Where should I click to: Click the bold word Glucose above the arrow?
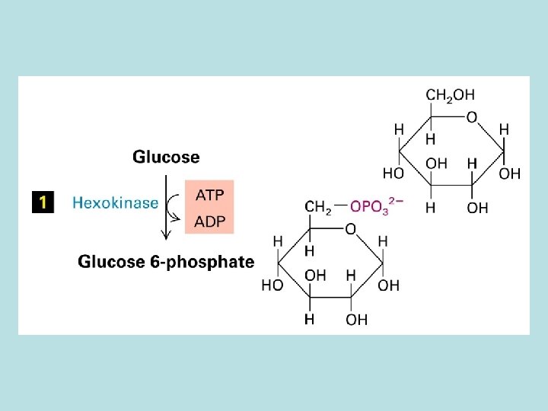click(x=166, y=158)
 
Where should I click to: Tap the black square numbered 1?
click(x=43, y=202)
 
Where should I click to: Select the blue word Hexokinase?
click(x=116, y=202)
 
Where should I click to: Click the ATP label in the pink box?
click(x=209, y=195)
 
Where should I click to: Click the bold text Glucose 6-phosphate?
click(x=166, y=262)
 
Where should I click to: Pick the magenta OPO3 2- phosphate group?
click(x=376, y=207)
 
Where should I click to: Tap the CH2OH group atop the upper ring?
click(x=450, y=95)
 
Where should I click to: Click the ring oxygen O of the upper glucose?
click(x=472, y=117)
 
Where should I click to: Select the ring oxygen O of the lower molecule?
click(x=349, y=229)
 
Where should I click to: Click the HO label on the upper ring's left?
click(x=393, y=174)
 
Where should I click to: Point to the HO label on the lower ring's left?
click(x=272, y=285)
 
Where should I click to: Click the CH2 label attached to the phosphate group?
click(x=317, y=207)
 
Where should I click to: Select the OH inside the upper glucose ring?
click(x=437, y=164)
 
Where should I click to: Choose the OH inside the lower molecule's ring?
click(x=316, y=275)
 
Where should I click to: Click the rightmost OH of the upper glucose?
click(x=510, y=174)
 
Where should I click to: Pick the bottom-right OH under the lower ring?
click(x=356, y=320)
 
